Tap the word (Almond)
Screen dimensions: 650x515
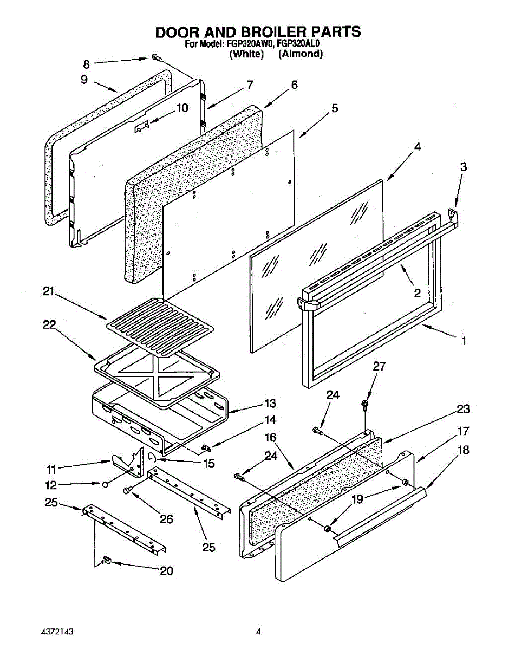point(300,54)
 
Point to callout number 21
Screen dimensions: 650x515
point(49,292)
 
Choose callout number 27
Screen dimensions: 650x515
point(379,367)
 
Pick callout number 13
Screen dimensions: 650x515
point(270,404)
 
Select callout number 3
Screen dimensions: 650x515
point(464,167)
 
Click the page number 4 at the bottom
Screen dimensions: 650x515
point(258,632)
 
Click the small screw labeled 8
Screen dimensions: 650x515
point(155,57)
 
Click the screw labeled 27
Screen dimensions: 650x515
point(364,404)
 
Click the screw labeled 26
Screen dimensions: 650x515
point(127,490)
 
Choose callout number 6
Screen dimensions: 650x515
point(294,85)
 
